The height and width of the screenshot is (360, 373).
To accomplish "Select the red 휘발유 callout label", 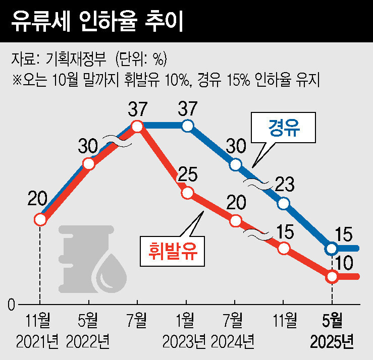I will (173, 248).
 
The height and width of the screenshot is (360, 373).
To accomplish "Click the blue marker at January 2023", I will (187, 126).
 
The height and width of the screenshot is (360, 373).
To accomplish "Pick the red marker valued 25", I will (187, 193).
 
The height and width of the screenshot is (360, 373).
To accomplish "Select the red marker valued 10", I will (332, 276).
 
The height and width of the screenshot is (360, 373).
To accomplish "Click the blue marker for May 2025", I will (332, 248).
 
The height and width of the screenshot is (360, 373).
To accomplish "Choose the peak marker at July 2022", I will (137, 126).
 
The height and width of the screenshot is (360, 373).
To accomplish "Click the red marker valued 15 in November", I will (284, 248).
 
